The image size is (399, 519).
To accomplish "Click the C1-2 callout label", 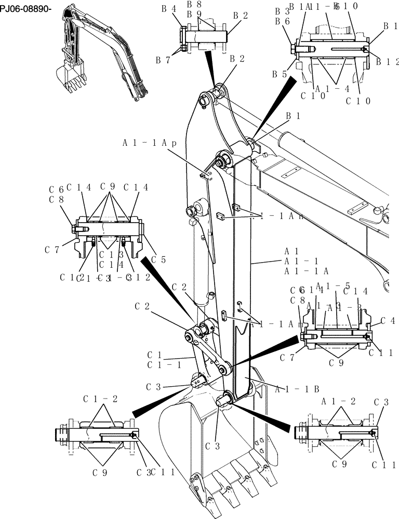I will click(100, 399).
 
